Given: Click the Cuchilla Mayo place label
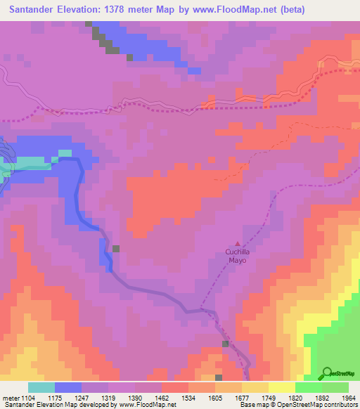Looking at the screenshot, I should point(236,255).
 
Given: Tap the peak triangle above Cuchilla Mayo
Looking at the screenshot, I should point(237,244).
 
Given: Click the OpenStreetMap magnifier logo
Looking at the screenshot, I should point(328,373).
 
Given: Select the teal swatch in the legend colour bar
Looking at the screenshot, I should point(41,387).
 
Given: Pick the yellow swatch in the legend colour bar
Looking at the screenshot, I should point(282,387).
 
